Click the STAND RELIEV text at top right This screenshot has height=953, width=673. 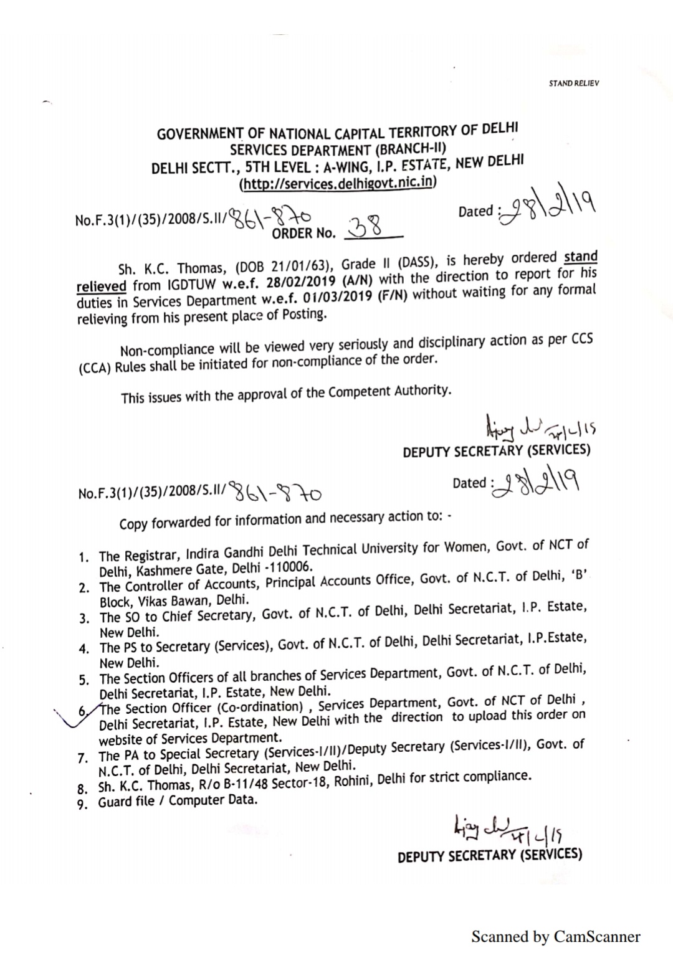(573, 83)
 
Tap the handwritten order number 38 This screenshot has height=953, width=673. (370, 230)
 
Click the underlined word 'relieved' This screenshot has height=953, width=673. (102, 287)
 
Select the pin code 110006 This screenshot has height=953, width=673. (289, 568)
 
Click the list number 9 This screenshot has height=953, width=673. (81, 804)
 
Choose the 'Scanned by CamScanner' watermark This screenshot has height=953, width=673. (555, 936)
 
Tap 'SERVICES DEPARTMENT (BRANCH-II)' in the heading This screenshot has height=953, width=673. (338, 149)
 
